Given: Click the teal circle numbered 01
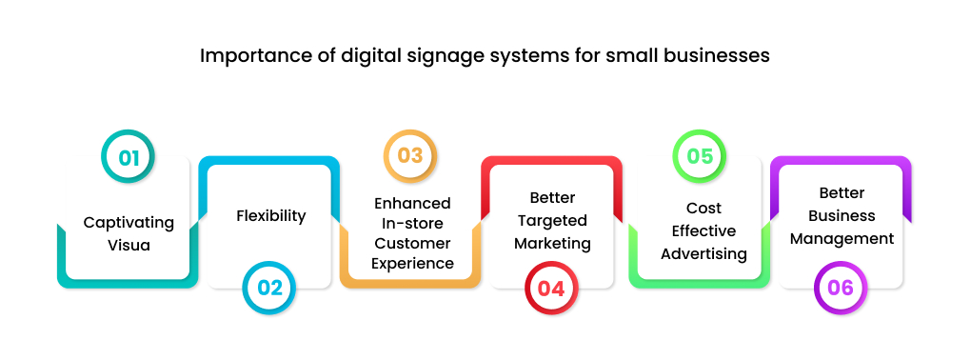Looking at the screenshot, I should (x=129, y=156).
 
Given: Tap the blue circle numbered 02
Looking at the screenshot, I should (x=269, y=288).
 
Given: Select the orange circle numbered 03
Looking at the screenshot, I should (x=410, y=156).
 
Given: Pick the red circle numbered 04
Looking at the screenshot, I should (x=551, y=288).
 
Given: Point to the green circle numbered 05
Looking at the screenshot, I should (x=700, y=156).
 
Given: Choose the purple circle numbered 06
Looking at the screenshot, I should (x=841, y=288).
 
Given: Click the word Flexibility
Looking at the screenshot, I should (x=270, y=216).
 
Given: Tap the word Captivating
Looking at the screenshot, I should (x=129, y=223).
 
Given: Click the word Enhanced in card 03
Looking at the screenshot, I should (x=411, y=203).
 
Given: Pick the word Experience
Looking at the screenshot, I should (x=411, y=264).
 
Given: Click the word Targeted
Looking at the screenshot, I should (x=552, y=221).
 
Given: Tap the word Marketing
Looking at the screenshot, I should (x=552, y=243).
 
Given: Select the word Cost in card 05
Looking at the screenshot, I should (x=703, y=208).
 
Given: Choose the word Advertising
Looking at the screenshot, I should (x=703, y=253).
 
